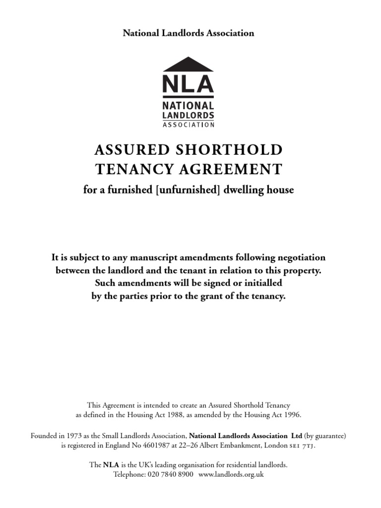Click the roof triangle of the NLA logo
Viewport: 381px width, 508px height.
188,64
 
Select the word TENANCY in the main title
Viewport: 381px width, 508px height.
127,169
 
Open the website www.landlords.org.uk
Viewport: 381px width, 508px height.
231,475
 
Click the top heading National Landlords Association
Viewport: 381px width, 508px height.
188,33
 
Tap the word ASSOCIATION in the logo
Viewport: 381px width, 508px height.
188,125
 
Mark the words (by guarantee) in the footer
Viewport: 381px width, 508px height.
325,436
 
